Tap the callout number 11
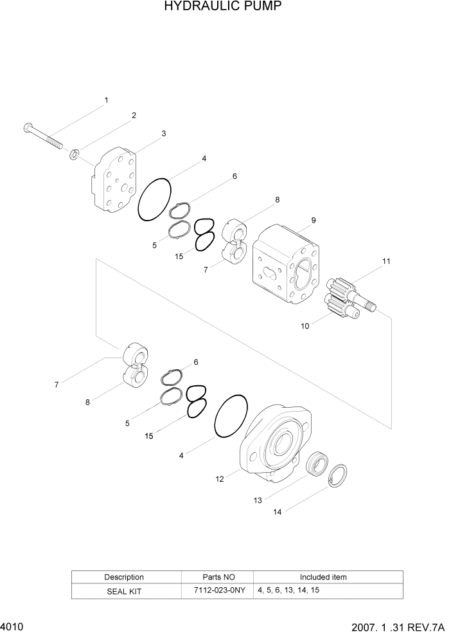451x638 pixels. [x=386, y=261]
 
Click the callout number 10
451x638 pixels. [x=305, y=326]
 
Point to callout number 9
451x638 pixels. [x=314, y=220]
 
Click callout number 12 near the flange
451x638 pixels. [x=220, y=479]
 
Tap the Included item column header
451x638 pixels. [x=323, y=577]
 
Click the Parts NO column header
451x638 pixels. [x=218, y=577]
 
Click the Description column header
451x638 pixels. [x=124, y=577]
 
